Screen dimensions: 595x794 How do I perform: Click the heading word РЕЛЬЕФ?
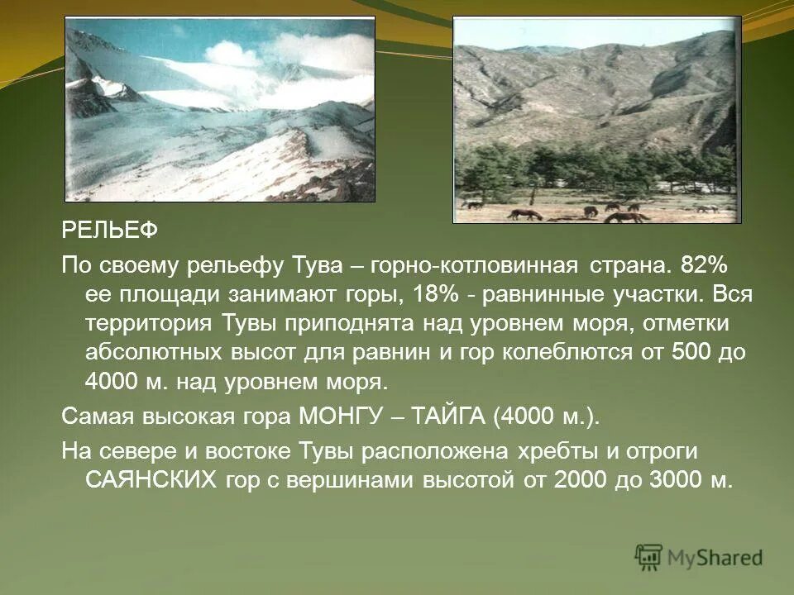tap(109, 231)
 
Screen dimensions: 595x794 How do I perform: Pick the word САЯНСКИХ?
tap(153, 482)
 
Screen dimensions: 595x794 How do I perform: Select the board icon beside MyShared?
tap(649, 556)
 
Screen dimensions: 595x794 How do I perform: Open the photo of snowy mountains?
tap(220, 109)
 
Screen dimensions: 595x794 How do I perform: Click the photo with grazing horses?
tap(597, 121)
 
